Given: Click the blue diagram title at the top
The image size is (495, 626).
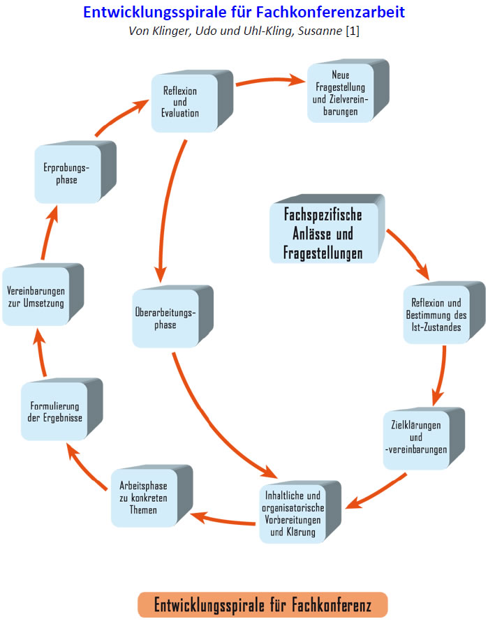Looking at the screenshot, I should coord(244,13).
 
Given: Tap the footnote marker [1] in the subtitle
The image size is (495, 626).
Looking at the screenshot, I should coord(352,31).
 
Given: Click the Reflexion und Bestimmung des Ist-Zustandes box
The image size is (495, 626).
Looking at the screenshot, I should coord(436,314).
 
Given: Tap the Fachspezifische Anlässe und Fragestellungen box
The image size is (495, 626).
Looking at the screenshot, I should coord(323,233).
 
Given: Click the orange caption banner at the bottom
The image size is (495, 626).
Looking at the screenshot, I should coord(262,604).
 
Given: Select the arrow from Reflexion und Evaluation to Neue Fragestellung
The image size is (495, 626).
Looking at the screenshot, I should coord(270,81).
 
